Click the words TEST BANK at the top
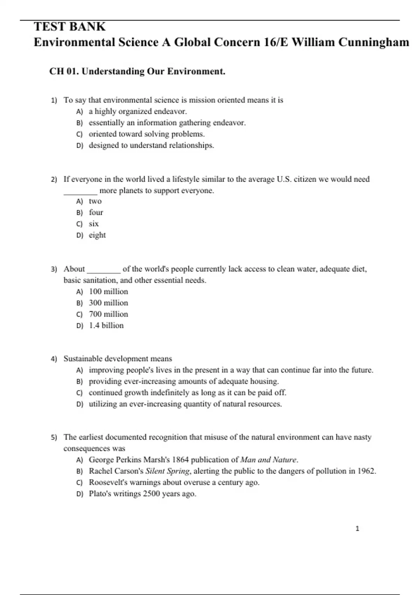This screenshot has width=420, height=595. (69, 27)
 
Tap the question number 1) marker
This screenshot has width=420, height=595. (54, 101)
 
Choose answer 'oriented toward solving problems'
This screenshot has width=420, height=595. (146, 134)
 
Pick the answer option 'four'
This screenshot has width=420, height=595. (96, 212)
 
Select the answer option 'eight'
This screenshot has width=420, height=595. (97, 235)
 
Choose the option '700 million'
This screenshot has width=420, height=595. (108, 314)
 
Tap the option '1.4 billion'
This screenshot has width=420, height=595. (106, 325)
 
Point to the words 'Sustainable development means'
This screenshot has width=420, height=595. (118, 359)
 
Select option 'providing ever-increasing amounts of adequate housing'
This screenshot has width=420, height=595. (183, 381)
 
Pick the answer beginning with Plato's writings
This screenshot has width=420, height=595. (142, 494)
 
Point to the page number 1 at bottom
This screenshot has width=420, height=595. (357, 529)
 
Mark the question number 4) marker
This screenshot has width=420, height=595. (54, 359)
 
